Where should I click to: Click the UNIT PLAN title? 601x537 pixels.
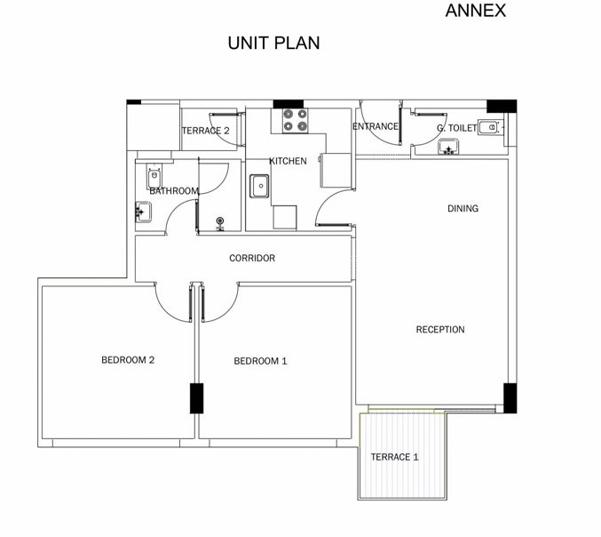pos(273,43)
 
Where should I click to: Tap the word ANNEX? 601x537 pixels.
pos(475,11)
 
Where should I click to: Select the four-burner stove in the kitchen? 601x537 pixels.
pos(295,121)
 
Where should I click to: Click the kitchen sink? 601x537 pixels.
pos(259,186)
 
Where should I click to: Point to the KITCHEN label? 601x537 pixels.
pos(288,161)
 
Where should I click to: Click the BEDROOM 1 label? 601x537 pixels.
pos(260,361)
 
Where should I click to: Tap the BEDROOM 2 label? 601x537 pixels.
pos(128,360)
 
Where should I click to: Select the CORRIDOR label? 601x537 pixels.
pos(252,258)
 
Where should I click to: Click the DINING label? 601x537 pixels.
pos(463,208)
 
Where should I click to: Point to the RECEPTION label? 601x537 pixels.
pos(440,329)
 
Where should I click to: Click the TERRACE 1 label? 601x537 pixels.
pos(394,457)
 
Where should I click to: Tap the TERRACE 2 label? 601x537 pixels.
pos(205,131)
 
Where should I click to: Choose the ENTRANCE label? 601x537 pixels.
pos(376,126)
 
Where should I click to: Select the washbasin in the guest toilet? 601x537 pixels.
pos(448,147)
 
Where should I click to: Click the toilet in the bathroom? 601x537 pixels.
pos(154,176)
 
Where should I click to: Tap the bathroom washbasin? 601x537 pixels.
pos(143,212)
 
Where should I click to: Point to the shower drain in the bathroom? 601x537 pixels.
pos(220,222)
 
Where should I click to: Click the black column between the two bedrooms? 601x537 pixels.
pos(196,398)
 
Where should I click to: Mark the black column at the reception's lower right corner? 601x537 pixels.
pos(510,398)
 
